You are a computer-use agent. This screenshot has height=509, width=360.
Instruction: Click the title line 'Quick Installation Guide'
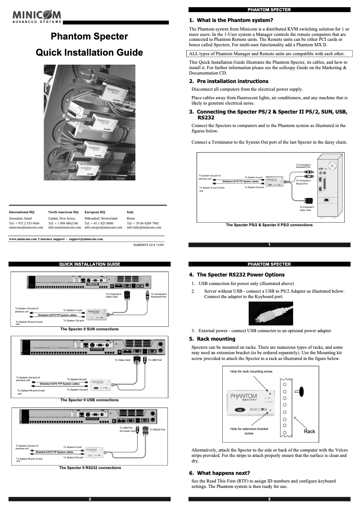click(x=89, y=53)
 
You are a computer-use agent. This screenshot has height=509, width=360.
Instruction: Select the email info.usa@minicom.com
click(x=63, y=228)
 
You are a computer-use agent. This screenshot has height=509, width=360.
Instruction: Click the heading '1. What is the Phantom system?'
click(x=231, y=20)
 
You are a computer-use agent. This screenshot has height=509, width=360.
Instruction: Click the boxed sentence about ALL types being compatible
click(x=266, y=53)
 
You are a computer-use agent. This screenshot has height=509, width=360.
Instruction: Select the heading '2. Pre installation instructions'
click(x=229, y=81)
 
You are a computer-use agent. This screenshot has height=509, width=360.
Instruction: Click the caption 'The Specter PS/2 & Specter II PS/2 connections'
click(x=269, y=225)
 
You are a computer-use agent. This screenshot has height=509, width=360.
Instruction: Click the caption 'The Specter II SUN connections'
click(x=89, y=329)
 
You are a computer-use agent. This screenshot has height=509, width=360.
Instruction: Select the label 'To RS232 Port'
click(x=158, y=430)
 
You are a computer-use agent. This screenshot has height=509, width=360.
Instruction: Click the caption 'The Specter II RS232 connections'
click(x=90, y=468)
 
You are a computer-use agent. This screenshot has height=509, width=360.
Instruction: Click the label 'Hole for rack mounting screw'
click(x=251, y=372)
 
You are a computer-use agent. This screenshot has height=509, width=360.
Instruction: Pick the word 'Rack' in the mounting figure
click(x=309, y=431)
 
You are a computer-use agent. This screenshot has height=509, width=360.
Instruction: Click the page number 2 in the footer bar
click(x=90, y=499)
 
